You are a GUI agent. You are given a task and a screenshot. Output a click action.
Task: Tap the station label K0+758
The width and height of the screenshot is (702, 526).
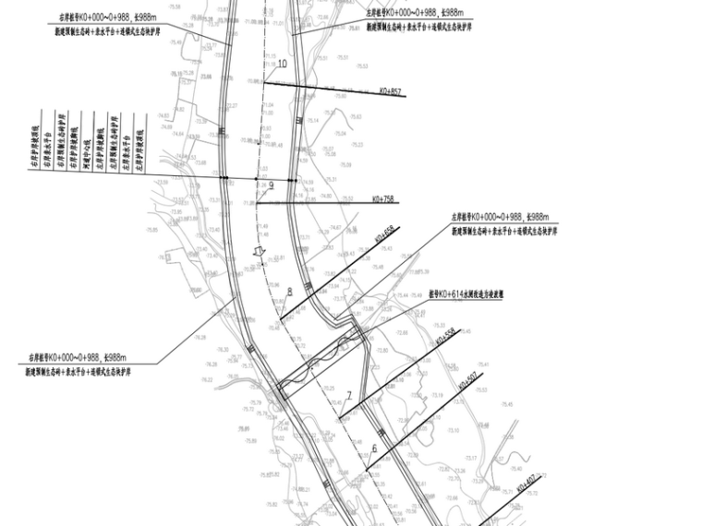(381, 197)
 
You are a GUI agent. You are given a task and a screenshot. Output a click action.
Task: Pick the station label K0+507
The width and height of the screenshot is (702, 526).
(466, 380)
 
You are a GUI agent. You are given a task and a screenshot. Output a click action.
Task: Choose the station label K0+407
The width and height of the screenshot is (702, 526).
(526, 480)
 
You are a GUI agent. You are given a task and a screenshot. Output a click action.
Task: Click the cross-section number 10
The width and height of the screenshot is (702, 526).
(282, 63)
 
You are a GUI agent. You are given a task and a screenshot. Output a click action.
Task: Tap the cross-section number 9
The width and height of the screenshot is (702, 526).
(272, 185)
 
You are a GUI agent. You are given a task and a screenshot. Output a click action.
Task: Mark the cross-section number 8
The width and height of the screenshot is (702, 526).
(289, 292)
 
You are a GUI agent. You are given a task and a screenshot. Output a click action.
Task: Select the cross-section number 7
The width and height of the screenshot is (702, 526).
(349, 395)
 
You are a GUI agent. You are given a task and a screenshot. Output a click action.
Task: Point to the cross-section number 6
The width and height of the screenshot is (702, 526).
(374, 449)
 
